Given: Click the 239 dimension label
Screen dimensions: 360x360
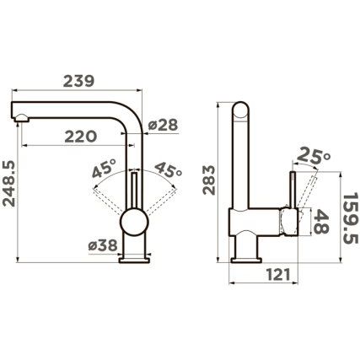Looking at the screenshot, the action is (x=78, y=81).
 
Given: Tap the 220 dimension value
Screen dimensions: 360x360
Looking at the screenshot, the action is (x=81, y=137).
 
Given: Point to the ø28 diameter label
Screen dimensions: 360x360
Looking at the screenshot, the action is (x=163, y=125).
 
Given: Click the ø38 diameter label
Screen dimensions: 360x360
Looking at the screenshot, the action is (x=103, y=245).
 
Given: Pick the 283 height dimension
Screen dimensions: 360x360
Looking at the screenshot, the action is (x=209, y=180).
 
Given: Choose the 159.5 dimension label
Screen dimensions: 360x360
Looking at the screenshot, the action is (x=351, y=218).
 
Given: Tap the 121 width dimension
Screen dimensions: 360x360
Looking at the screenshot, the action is (x=278, y=275).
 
